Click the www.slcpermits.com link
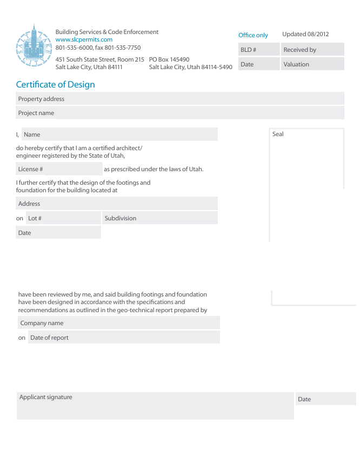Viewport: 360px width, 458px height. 84,39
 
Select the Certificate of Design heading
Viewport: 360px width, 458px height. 55,85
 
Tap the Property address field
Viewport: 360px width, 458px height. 179,99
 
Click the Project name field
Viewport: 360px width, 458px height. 179,113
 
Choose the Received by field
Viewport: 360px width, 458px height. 312,50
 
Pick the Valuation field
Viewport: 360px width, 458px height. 312,64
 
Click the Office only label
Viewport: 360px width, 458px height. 253,35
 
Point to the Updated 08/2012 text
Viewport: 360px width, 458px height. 305,34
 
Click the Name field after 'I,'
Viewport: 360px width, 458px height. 119,134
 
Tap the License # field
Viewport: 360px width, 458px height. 58,169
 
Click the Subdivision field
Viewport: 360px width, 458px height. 159,218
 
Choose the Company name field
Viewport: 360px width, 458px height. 118,323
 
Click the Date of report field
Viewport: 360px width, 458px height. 124,338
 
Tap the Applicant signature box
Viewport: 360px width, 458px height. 155,406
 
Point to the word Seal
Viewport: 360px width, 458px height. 278,134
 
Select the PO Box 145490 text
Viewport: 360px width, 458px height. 169,59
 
